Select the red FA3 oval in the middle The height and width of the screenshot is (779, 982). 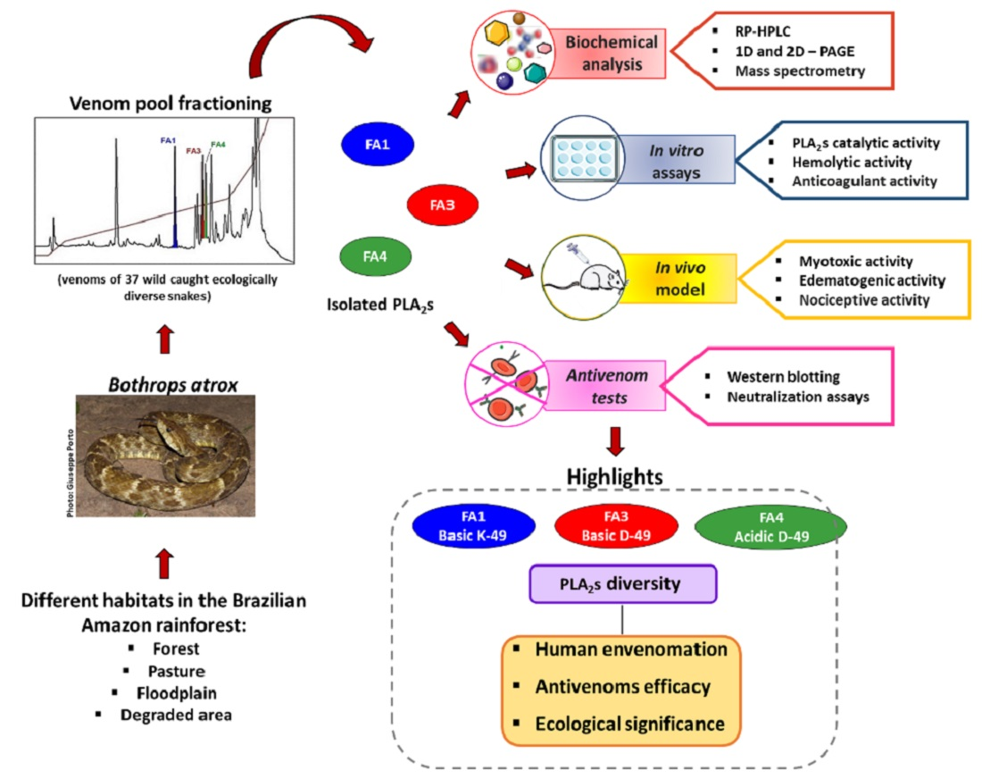point(443,205)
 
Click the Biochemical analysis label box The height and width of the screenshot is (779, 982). point(611,54)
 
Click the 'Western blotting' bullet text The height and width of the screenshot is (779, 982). point(783,376)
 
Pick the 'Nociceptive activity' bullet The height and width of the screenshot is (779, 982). point(853,299)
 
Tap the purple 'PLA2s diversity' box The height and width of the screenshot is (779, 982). point(623,583)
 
